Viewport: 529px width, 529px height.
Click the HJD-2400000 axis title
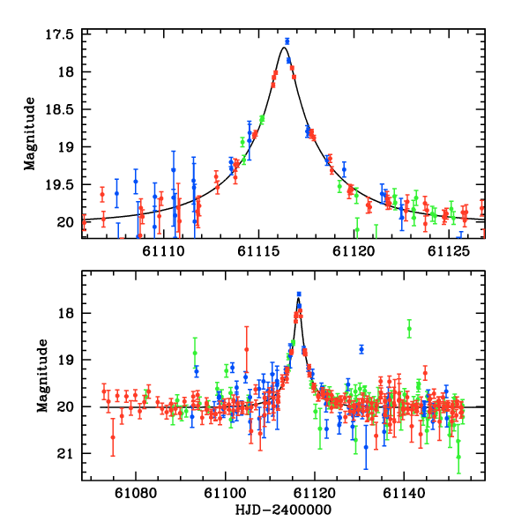tap(282, 510)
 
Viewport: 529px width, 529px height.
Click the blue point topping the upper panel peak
tap(287, 41)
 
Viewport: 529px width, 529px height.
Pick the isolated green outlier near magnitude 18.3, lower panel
tap(409, 328)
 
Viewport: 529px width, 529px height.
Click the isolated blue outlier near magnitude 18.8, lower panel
tap(361, 349)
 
